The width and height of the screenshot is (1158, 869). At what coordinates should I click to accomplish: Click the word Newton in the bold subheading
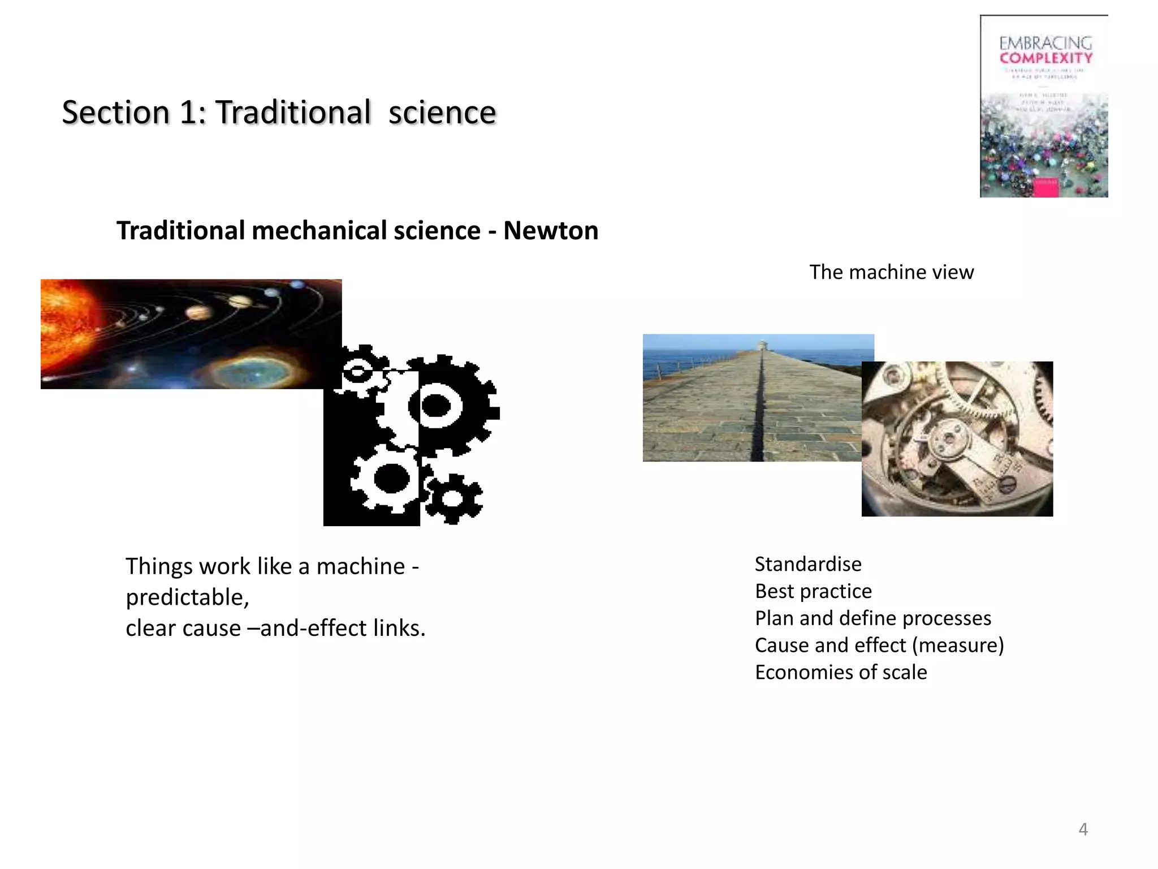point(551,231)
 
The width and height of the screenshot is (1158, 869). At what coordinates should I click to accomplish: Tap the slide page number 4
point(1083,829)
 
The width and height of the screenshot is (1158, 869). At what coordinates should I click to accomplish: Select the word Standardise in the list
point(808,564)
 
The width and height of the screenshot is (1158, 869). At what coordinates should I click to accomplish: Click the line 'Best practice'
point(813,591)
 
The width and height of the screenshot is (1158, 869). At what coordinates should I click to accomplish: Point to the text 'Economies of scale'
point(841,672)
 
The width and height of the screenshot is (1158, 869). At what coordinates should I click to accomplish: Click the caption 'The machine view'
point(891,272)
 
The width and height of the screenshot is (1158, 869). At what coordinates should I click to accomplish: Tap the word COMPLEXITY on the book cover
point(1046,58)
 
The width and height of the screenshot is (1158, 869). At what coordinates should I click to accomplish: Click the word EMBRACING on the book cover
point(1045,43)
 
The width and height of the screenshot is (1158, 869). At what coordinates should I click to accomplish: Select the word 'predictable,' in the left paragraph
point(187,597)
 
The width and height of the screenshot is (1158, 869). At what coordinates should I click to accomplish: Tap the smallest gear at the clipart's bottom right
point(453,499)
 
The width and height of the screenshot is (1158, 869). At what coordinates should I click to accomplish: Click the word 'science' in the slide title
point(442,112)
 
